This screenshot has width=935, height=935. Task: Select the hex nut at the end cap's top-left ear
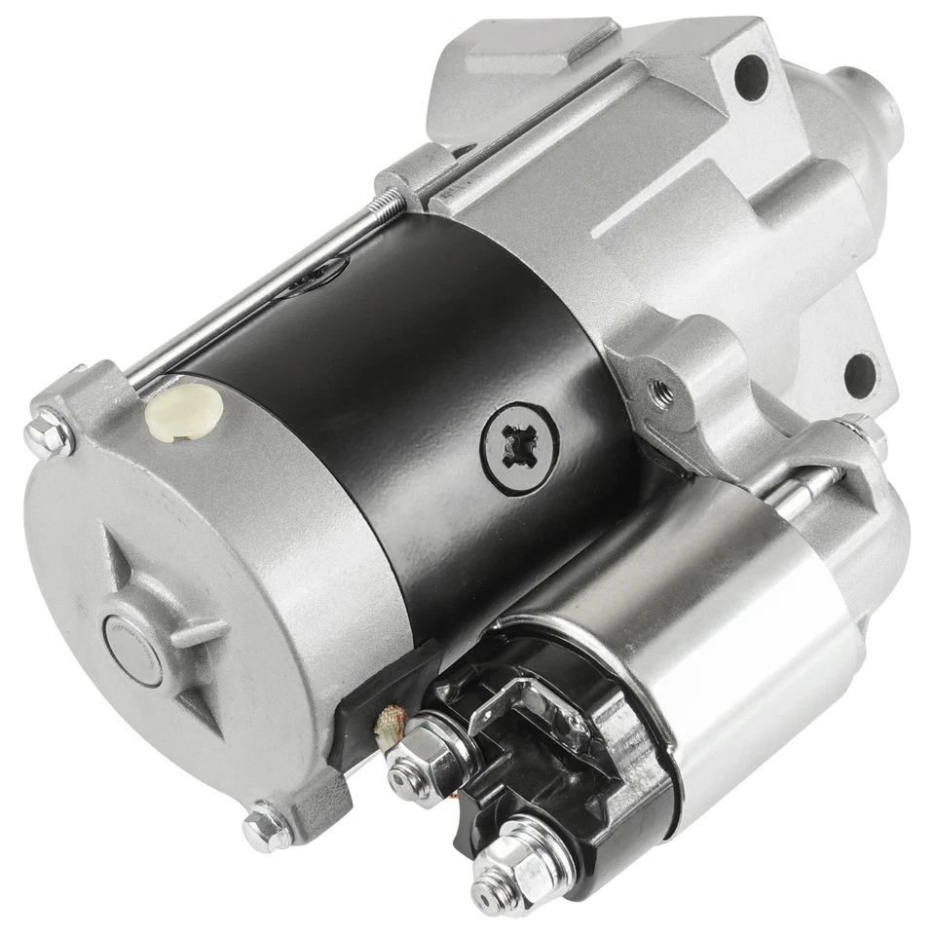[x=49, y=432]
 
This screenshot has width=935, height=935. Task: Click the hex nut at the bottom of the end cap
[x=266, y=829]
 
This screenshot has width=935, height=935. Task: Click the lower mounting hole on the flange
[x=861, y=374]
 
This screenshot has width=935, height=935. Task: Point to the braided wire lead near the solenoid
[x=393, y=726]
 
